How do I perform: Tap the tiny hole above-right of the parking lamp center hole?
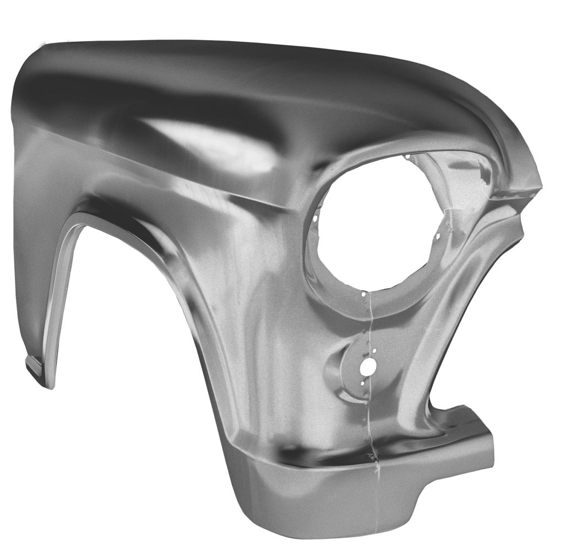[x=375, y=351]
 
